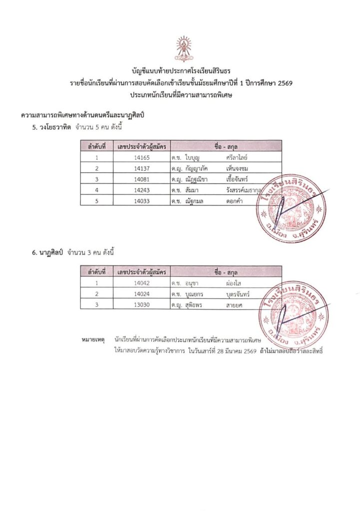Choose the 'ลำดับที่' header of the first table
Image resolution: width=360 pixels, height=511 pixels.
(97, 146)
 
